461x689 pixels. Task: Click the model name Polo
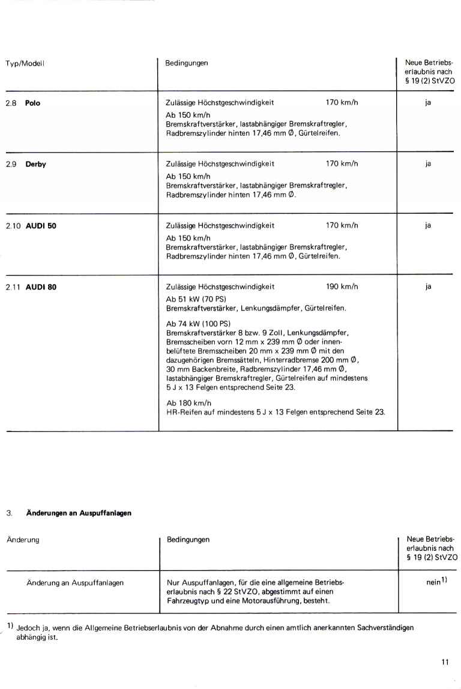pyautogui.click(x=32, y=103)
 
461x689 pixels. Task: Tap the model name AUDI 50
pyautogui.click(x=41, y=226)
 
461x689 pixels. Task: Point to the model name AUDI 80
pyautogui.click(x=41, y=287)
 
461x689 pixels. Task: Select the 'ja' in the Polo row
pyautogui.click(x=428, y=103)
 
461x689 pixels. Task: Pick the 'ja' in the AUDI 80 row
pyautogui.click(x=428, y=287)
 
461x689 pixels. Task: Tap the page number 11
pyautogui.click(x=444, y=663)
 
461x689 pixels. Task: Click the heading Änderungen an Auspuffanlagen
pyautogui.click(x=78, y=513)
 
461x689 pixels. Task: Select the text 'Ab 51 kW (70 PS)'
pyautogui.click(x=193, y=299)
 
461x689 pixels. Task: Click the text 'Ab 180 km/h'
pyautogui.click(x=185, y=402)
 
